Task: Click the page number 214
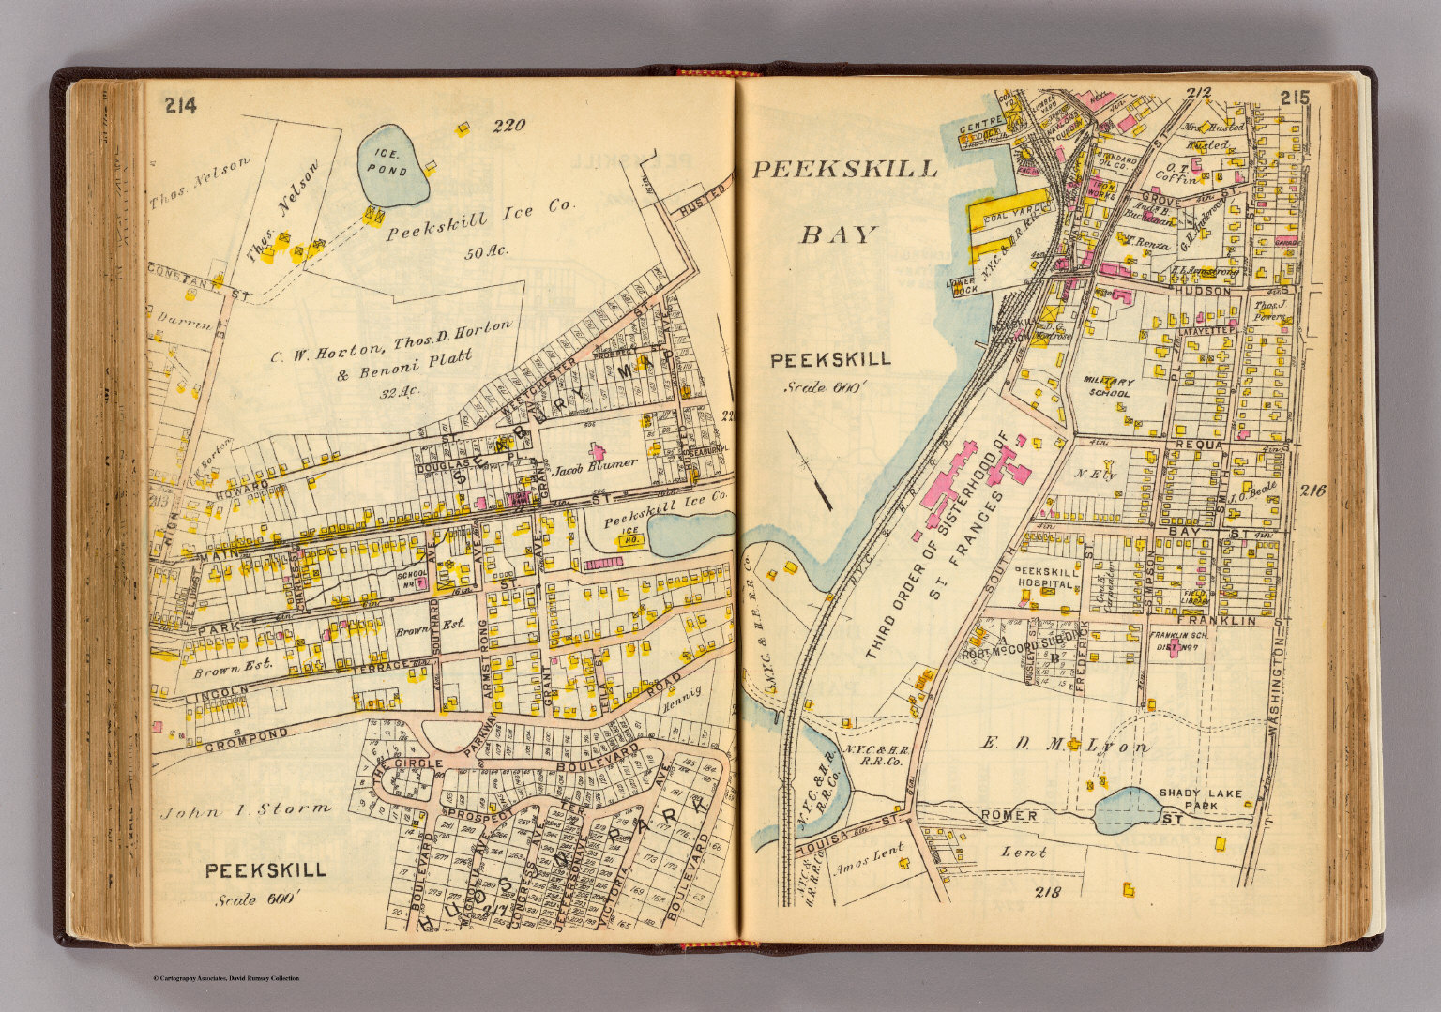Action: tap(179, 106)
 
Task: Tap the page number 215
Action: tap(1294, 98)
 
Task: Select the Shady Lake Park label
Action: tap(1201, 799)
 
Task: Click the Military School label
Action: tap(1108, 388)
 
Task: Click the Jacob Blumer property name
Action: tap(595, 464)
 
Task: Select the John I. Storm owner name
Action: tap(246, 809)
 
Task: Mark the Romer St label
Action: tap(1009, 815)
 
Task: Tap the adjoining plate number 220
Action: tap(509, 124)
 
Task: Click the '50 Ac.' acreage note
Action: tap(484, 251)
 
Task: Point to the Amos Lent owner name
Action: tap(866, 857)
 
